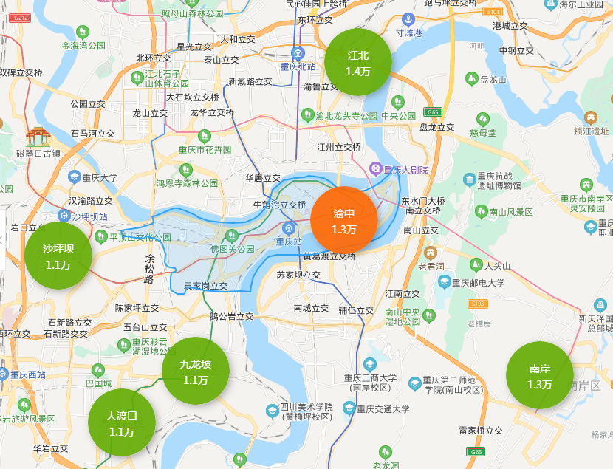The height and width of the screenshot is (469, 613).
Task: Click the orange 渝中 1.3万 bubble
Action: coord(344,220)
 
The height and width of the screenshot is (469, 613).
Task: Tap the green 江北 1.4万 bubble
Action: coord(358,63)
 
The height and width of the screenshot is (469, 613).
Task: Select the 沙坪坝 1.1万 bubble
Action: coord(58,256)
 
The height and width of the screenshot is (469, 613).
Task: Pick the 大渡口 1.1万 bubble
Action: coord(122,423)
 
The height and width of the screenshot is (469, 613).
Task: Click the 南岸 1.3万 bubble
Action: coord(540,376)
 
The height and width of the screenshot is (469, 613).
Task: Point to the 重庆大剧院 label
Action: coord(405,169)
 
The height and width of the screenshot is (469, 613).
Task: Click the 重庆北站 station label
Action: coord(298,66)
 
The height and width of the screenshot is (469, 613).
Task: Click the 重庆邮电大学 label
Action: coord(479,282)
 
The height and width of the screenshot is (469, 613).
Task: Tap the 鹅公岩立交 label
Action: coord(231,316)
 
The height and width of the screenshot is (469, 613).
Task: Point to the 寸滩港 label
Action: coord(408,33)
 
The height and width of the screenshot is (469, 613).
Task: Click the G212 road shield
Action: coord(21,18)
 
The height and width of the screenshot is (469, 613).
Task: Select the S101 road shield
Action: coord(492,12)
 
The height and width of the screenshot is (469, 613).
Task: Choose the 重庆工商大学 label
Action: coord(370,378)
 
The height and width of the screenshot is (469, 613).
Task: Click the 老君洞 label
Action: coord(431,266)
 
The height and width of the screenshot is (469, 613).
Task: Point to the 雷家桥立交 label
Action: coord(480,430)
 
